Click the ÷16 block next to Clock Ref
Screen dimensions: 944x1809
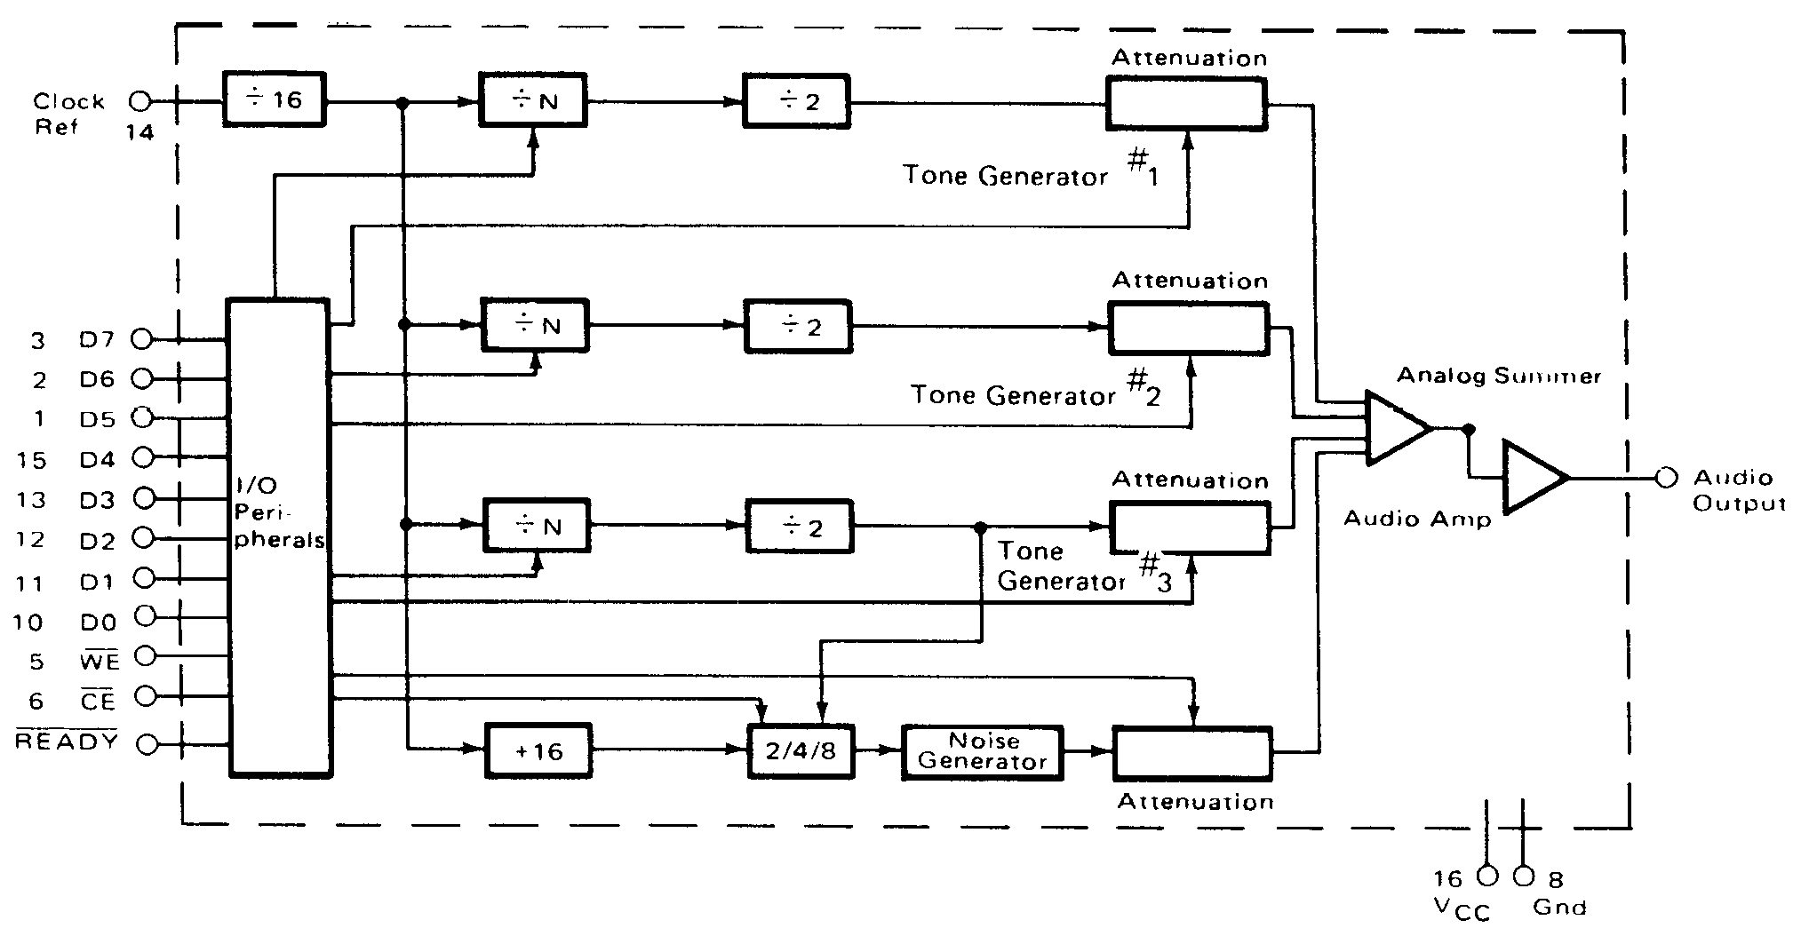point(273,99)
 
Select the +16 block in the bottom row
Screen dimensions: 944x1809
point(538,751)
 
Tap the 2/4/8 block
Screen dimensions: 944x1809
point(801,751)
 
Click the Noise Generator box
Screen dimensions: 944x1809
point(982,751)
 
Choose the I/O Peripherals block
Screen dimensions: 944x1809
point(280,538)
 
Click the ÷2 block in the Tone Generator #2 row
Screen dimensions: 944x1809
point(799,327)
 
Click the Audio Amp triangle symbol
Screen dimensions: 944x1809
point(1531,478)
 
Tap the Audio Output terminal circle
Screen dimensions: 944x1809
point(1666,478)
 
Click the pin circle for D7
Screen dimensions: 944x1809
point(141,338)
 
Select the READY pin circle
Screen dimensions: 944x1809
point(147,745)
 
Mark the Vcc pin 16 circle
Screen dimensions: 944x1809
point(1486,877)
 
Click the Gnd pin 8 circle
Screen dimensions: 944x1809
point(1523,877)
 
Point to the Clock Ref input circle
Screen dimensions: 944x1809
point(140,100)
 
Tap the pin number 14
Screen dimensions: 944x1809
point(139,133)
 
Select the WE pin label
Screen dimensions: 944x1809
point(99,660)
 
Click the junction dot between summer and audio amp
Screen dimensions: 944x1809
point(1469,429)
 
